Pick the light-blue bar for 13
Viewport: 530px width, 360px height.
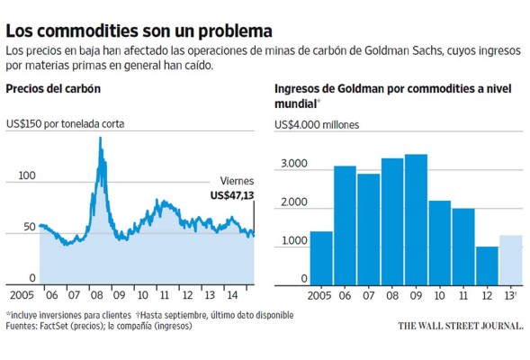510,259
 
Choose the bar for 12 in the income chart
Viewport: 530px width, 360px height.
487,265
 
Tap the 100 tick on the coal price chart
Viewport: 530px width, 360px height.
27,175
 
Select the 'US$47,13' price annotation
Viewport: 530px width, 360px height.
232,195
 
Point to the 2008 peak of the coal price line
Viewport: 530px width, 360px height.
100,139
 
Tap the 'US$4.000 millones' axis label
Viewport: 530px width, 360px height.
320,125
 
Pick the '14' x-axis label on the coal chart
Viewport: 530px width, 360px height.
232,294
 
